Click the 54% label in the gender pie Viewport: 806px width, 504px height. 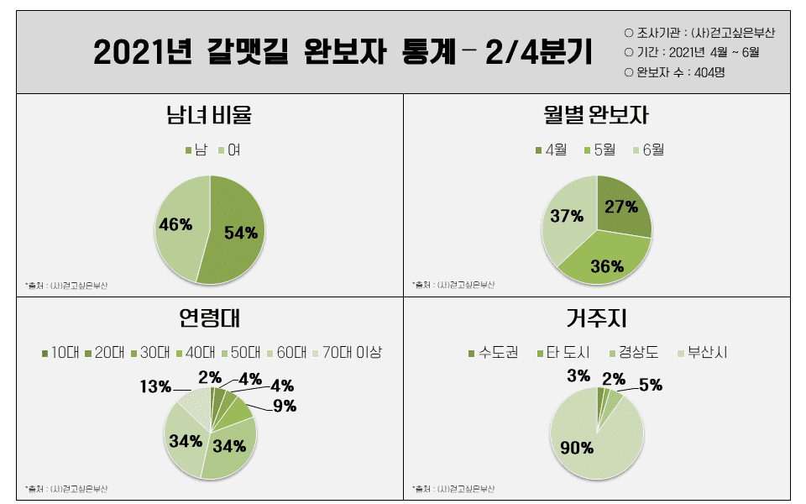pos(241,233)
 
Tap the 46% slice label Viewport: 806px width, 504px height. pos(175,224)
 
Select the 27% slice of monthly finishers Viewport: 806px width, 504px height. pos(622,207)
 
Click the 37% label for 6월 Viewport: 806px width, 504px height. pos(567,217)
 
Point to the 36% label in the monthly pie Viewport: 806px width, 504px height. pos(607,266)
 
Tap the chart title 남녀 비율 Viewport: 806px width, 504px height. pos(209,114)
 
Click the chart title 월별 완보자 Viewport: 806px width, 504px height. pos(596,114)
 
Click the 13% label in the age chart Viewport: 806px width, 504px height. pos(155,386)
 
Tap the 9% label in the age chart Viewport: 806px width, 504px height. pos(285,407)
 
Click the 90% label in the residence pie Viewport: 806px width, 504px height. pos(577,447)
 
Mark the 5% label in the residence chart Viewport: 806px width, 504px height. pos(651,386)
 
